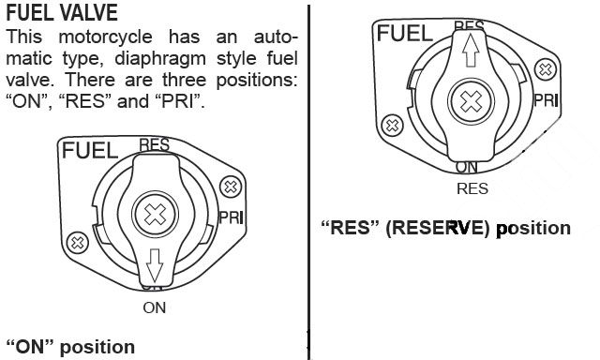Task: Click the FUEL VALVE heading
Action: coord(62,12)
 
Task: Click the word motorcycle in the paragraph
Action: coord(106,37)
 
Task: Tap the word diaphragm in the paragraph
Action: coord(160,59)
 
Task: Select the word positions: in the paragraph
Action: coord(257,81)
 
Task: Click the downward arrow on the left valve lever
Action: coord(155,265)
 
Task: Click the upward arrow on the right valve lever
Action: coord(471,50)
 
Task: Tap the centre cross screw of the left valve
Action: coord(155,215)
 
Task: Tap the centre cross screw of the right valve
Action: coord(471,102)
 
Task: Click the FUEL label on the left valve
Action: coord(90,150)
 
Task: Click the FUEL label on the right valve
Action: coord(405,34)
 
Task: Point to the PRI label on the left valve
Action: coord(232,217)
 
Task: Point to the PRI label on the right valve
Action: coord(546,100)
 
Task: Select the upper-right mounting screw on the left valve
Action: coord(231,187)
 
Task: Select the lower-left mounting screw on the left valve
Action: coord(77,243)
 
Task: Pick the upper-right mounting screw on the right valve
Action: coord(546,69)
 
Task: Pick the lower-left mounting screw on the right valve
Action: coord(392,125)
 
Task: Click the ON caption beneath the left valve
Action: coord(154,308)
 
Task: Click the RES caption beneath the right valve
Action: coord(472,189)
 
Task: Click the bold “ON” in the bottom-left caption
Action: coord(30,347)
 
